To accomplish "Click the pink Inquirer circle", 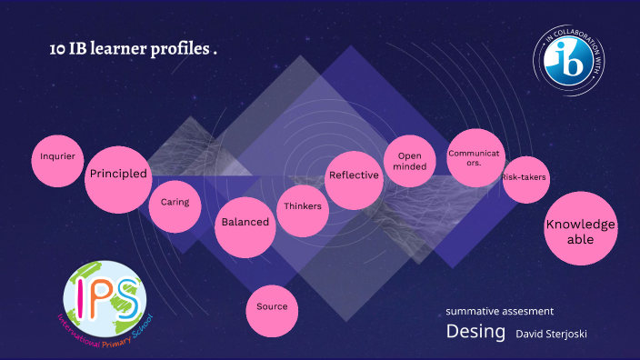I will [57, 157].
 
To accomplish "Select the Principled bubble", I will [118, 174].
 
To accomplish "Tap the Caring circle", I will [175, 203].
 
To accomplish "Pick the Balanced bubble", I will [245, 223].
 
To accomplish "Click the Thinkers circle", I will [303, 207].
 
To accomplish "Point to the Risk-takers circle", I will [525, 177].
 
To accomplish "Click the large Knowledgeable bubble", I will [581, 230].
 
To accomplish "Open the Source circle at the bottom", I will [272, 307].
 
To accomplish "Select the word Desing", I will [475, 333].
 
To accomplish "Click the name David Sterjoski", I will [551, 335].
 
